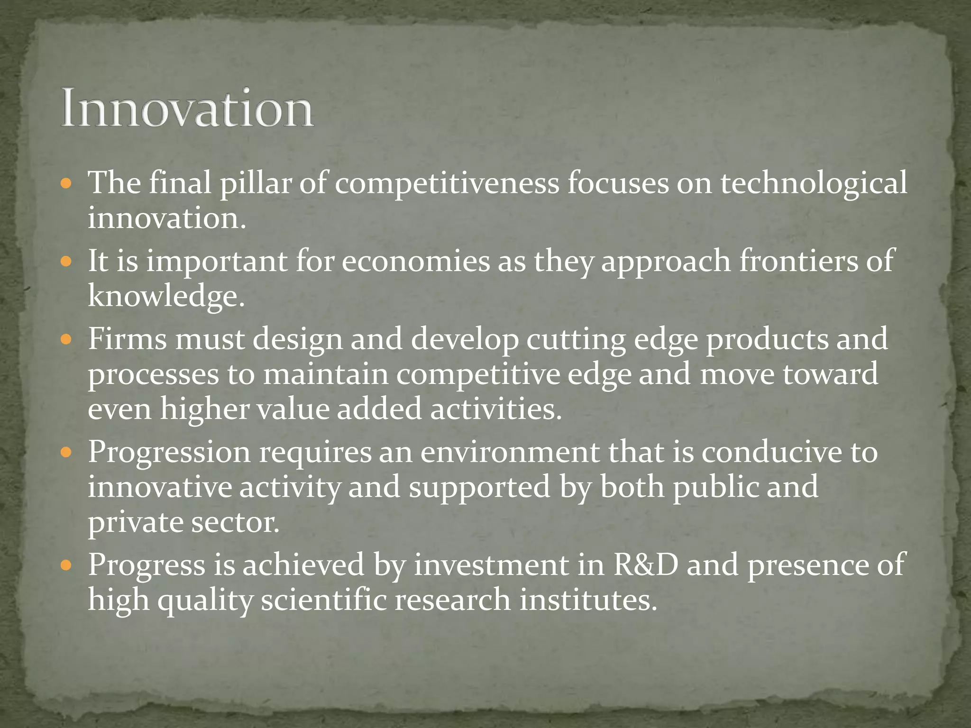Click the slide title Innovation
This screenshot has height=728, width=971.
tap(187, 108)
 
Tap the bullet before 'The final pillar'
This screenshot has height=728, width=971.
tap(66, 183)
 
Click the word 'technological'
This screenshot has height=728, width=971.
tap(814, 183)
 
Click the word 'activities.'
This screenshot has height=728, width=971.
tap(496, 409)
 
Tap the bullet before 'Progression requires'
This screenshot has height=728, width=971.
tap(66, 452)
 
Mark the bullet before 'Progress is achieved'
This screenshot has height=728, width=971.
tap(66, 565)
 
